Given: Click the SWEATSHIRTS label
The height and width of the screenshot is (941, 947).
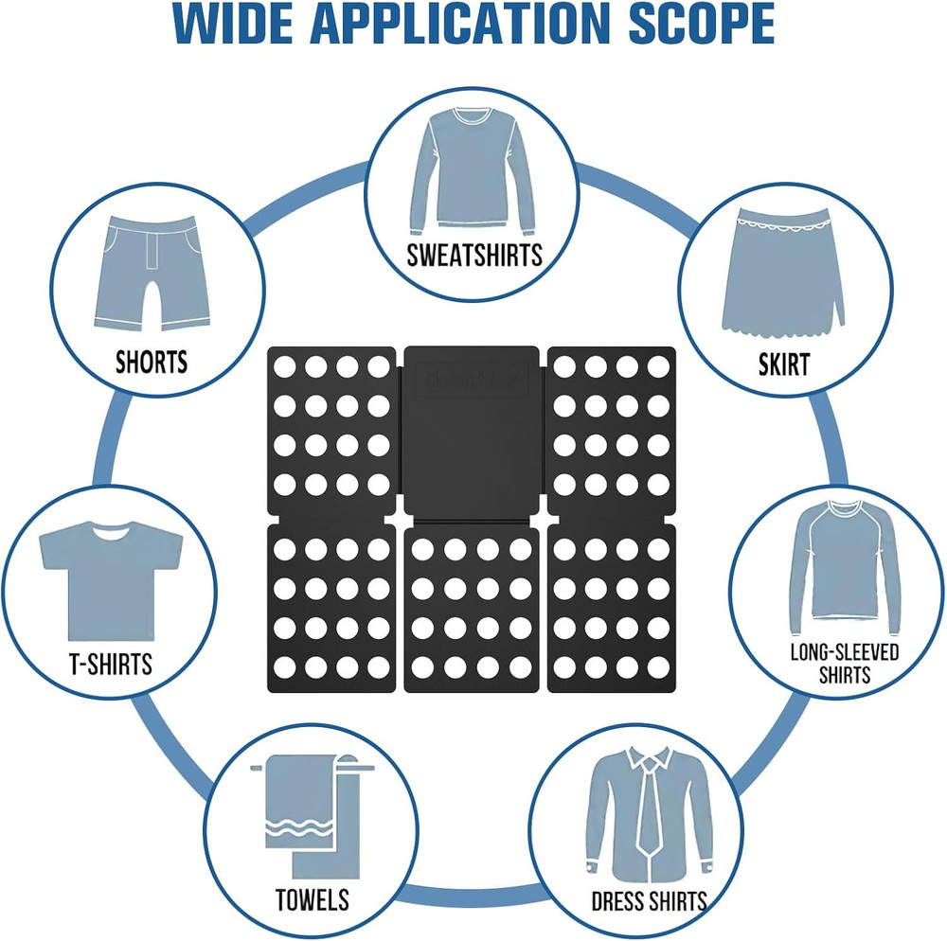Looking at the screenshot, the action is (x=474, y=256).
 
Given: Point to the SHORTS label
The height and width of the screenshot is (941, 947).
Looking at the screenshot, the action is (x=152, y=363).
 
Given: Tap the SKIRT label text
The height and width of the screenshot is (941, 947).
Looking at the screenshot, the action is (x=784, y=364).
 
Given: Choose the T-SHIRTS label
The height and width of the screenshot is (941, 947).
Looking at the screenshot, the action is (x=111, y=664).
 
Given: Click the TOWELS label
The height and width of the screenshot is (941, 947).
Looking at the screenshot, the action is (x=313, y=900).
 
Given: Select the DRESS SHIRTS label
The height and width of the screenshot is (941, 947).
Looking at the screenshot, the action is (x=650, y=901).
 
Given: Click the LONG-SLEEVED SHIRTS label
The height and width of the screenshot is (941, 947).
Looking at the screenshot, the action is (x=845, y=663).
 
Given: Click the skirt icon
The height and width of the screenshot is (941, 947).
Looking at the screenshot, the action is (x=783, y=271).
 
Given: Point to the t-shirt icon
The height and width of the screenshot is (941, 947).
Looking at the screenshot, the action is (x=111, y=580).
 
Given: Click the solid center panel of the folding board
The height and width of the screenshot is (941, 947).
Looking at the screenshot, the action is (x=471, y=431).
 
